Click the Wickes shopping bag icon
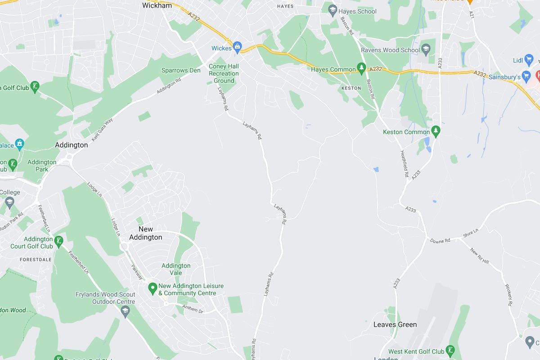(238, 47)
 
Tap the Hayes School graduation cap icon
(333, 11)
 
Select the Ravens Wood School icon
(426, 49)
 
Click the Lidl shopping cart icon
(529, 60)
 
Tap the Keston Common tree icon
(436, 131)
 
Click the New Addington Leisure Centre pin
(152, 287)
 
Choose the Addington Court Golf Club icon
(58, 243)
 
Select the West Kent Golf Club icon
(450, 351)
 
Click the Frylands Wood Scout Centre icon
(125, 310)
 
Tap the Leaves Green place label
(395, 324)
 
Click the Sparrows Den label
(181, 70)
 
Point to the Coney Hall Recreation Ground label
(224, 73)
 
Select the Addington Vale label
(176, 269)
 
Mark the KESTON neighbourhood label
(351, 88)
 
